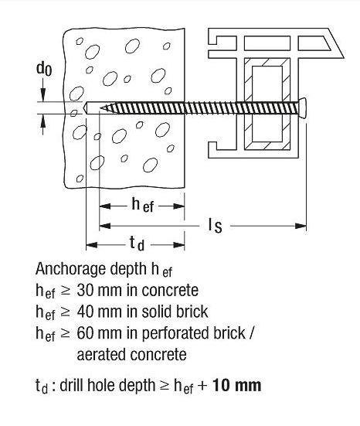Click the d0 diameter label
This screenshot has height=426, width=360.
44,68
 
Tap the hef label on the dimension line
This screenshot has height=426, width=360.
143,205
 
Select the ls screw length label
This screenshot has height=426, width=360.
216,226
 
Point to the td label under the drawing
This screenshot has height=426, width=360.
137,244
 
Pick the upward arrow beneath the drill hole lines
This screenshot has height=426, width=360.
43,124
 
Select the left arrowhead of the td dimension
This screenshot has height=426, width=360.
92,245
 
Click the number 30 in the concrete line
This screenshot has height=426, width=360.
85,291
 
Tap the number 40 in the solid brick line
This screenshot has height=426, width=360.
85,312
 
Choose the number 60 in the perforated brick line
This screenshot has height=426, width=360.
85,333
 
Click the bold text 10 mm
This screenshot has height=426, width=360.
236,385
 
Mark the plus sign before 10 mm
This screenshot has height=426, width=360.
203,386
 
